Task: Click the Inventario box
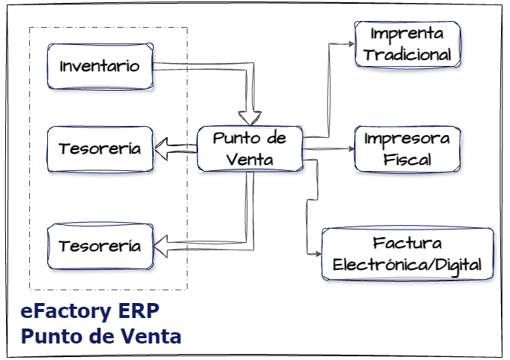(100, 65)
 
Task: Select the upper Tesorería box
(100, 148)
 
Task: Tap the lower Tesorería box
(100, 245)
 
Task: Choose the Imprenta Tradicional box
(407, 44)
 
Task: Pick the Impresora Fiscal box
(407, 149)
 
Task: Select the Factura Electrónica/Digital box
(407, 254)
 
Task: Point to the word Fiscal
(407, 160)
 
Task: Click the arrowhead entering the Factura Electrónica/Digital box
(316, 254)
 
